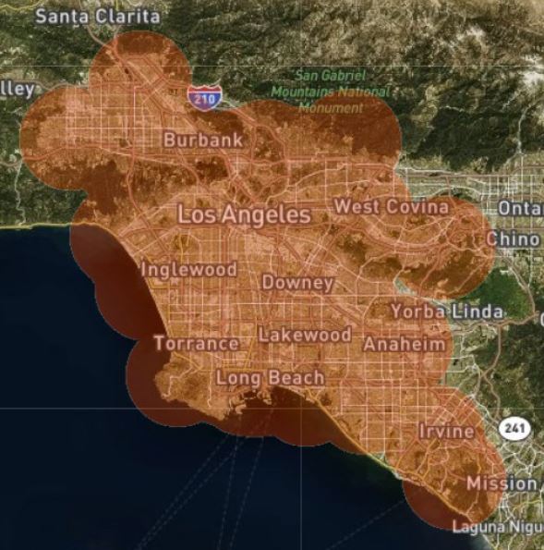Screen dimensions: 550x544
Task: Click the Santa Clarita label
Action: click(x=97, y=16)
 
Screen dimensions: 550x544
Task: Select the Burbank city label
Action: click(x=203, y=140)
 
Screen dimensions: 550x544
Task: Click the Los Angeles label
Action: click(x=244, y=215)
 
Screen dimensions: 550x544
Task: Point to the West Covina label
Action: click(x=391, y=206)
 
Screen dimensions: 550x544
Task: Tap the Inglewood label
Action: click(x=188, y=269)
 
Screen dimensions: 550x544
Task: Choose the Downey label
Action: click(x=297, y=282)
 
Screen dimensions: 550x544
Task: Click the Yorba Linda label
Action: click(x=447, y=312)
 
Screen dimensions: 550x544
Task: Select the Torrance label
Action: click(x=196, y=343)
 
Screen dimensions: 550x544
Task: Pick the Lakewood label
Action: click(x=304, y=335)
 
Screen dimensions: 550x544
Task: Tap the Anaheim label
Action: click(x=405, y=344)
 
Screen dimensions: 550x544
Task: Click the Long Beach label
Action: click(x=270, y=377)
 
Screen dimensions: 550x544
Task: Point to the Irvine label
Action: click(x=447, y=431)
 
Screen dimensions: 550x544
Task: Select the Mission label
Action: click(x=502, y=483)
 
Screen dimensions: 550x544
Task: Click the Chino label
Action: click(x=516, y=238)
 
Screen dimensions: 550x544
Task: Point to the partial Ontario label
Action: click(x=520, y=208)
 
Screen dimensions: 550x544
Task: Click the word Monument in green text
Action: click(x=331, y=107)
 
